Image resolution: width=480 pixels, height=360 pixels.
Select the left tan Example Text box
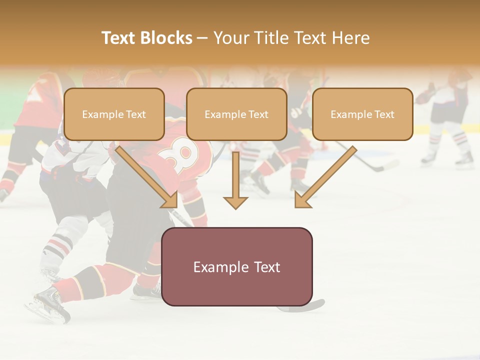pos(114,114)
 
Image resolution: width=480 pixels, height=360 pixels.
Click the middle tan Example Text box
pos(236,114)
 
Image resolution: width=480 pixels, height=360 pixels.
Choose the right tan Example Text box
pos(362,114)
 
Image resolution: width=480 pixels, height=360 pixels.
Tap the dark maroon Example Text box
pos(236,267)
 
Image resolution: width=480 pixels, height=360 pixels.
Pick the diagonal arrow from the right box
pos(325,177)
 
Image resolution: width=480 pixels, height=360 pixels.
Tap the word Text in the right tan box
pos(384,114)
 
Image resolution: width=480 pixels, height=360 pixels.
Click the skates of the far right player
pos(447,158)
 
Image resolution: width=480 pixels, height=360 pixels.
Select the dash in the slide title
pos(202,38)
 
